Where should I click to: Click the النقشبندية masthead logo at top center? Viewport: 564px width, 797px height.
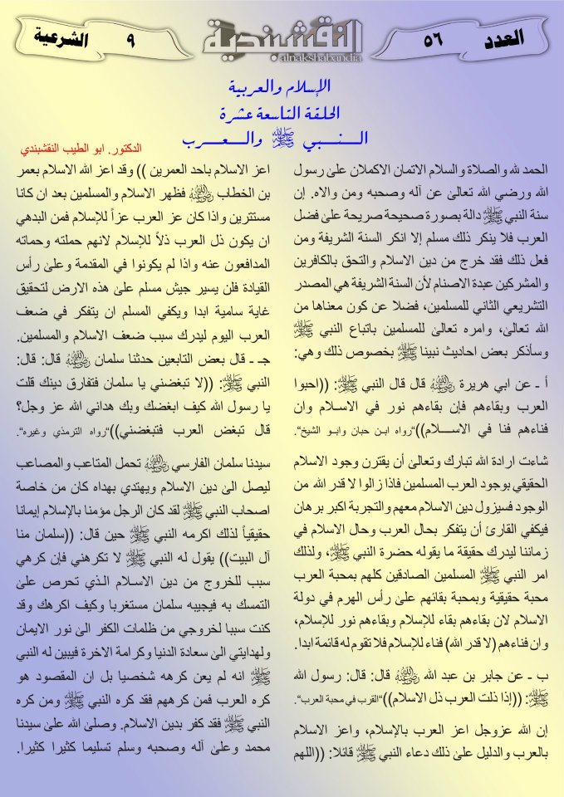click(282, 37)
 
